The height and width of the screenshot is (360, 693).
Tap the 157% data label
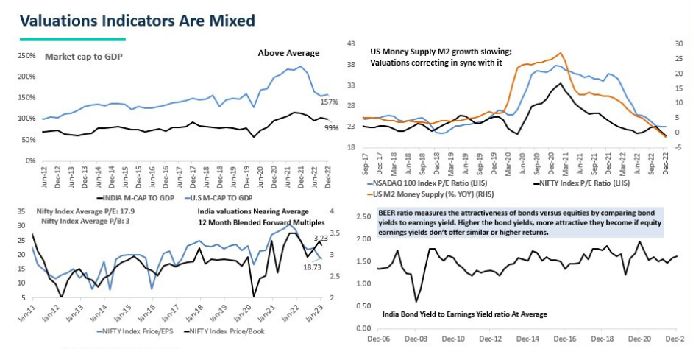pyautogui.click(x=328, y=101)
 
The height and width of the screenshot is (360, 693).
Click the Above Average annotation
pyautogui.click(x=288, y=53)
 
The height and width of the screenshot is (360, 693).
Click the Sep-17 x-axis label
pyautogui.click(x=365, y=163)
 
